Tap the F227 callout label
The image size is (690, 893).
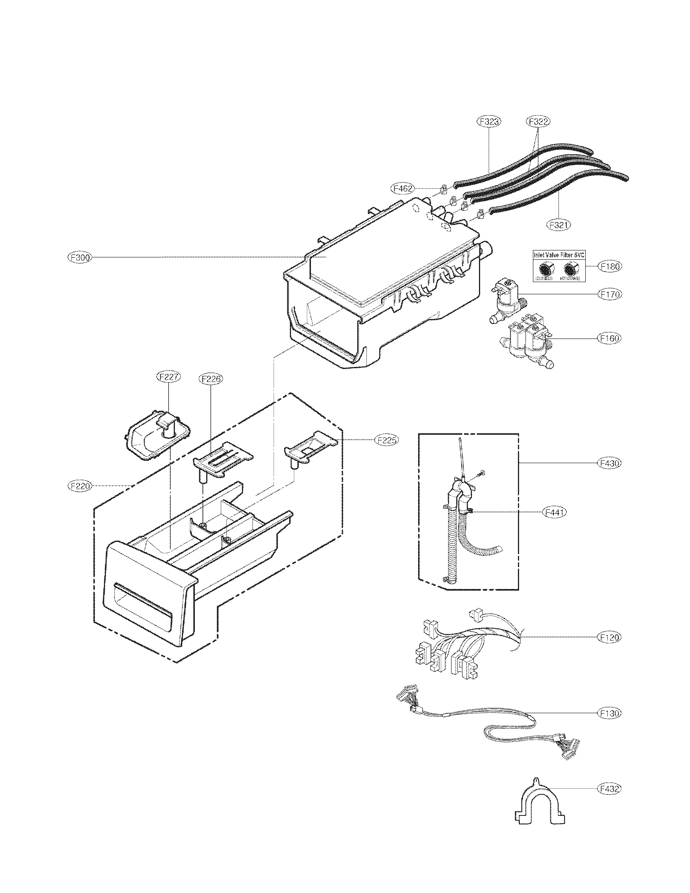click(169, 377)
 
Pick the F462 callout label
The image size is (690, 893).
click(403, 188)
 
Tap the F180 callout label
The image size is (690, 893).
click(610, 266)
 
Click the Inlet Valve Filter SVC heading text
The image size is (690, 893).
click(559, 255)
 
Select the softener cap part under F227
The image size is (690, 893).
click(157, 436)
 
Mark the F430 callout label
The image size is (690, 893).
click(610, 463)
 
